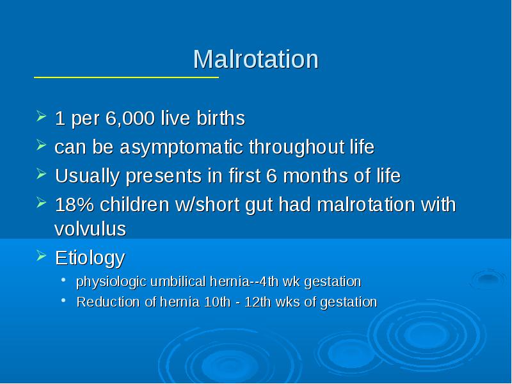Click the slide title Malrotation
pyautogui.click(x=255, y=59)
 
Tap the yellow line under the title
pyautogui.click(x=126, y=77)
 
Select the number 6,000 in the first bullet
pyautogui.click(x=130, y=118)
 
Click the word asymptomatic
pyautogui.click(x=182, y=148)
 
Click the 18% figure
pyautogui.click(x=75, y=205)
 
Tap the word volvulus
pyautogui.click(x=90, y=228)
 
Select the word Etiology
pyautogui.click(x=90, y=259)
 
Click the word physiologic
pyautogui.click(x=111, y=282)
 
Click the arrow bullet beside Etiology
pyautogui.click(x=41, y=255)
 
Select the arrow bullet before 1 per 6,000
pyautogui.click(x=41, y=116)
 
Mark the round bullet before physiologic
pyautogui.click(x=63, y=280)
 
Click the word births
pyautogui.click(x=221, y=118)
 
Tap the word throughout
pyautogui.click(x=296, y=148)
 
